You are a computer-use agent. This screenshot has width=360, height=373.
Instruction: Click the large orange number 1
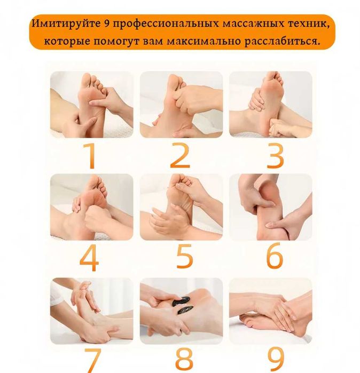(91, 156)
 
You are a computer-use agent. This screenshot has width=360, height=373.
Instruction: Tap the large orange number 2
(180, 156)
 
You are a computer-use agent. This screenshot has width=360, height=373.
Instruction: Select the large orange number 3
(275, 156)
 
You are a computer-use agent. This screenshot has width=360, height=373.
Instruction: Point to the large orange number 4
(89, 258)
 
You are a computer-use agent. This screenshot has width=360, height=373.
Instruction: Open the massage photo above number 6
(270, 207)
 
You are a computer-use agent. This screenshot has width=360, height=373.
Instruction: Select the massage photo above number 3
(270, 105)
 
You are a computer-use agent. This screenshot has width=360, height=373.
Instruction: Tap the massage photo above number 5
(181, 207)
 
